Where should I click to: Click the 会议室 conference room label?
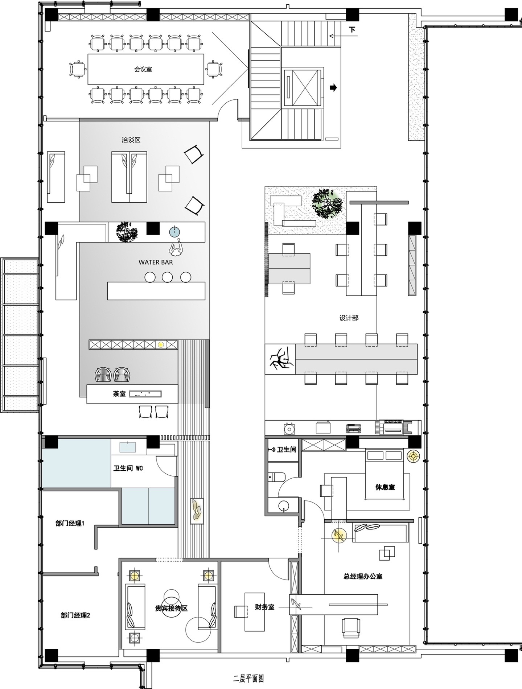[143, 69]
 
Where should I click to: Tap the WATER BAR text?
[156, 262]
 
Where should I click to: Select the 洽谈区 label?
[131, 140]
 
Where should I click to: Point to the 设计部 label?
[349, 318]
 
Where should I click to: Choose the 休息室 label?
[385, 487]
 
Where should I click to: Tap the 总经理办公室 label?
[363, 576]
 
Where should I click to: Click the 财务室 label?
[265, 607]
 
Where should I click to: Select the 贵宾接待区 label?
[171, 608]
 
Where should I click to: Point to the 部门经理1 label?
[70, 523]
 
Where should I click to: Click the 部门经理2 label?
[75, 615]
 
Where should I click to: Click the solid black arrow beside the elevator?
[333, 87]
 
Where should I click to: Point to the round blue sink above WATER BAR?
[175, 232]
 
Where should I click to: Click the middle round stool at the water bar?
[167, 277]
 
